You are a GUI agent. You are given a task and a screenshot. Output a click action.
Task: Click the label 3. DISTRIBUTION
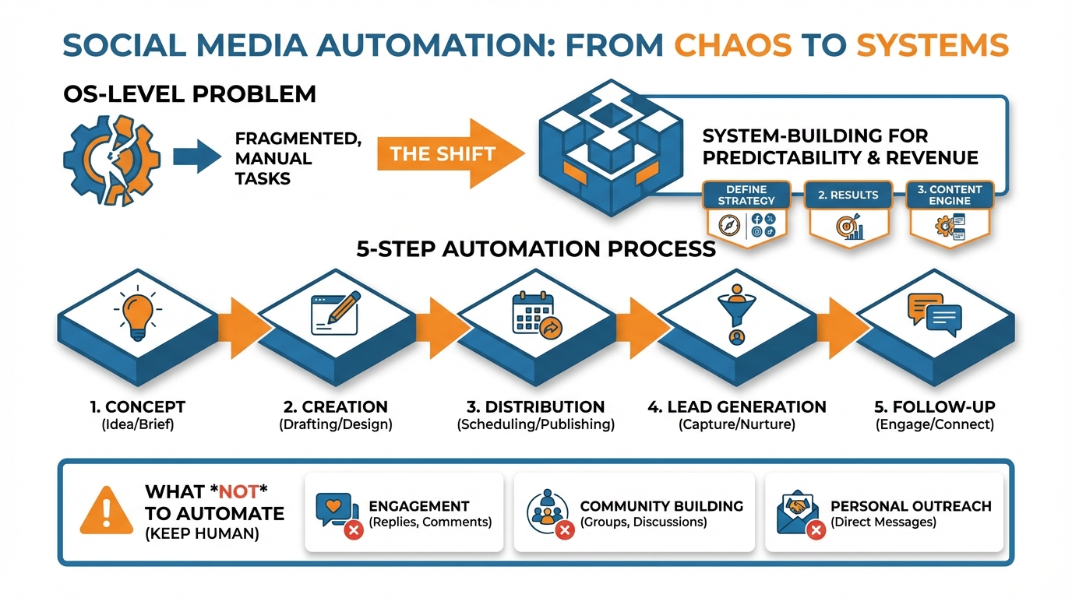click(535, 406)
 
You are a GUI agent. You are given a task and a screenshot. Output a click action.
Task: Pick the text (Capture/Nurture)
click(736, 425)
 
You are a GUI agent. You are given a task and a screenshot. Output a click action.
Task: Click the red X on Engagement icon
click(353, 530)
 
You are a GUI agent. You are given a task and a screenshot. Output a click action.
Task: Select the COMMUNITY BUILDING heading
click(661, 505)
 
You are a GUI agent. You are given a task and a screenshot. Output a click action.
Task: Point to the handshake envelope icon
click(795, 510)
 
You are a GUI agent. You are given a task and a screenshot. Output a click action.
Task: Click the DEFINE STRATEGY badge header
click(746, 195)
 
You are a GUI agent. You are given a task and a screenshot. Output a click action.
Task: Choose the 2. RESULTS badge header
click(848, 195)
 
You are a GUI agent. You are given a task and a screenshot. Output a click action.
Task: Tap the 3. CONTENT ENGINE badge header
click(949, 195)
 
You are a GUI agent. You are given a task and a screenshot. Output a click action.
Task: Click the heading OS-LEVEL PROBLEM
click(189, 95)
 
